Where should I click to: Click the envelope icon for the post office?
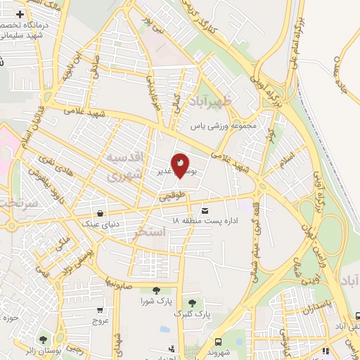pos(205,210)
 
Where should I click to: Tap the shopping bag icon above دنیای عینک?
pos(102,213)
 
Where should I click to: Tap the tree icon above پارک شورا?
pos(155,290)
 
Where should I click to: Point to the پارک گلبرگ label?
pos(192,311)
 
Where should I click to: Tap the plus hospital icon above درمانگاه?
pos(19,14)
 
